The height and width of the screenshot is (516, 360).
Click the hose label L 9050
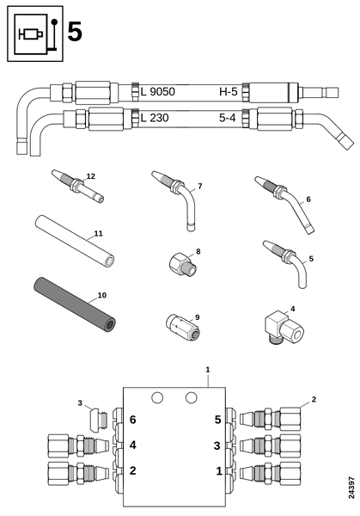[x=158, y=91]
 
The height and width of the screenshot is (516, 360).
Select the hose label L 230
[x=155, y=118]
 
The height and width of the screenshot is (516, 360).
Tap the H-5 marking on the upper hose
[x=229, y=91]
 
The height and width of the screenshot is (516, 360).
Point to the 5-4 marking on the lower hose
[x=228, y=118]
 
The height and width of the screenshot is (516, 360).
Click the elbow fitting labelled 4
[x=284, y=328]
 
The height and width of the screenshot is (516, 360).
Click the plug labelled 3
[x=99, y=419]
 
